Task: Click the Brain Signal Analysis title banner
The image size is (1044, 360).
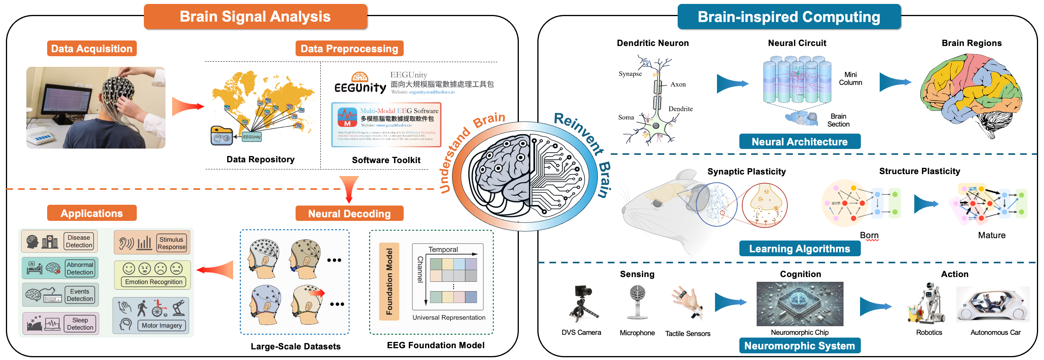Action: (255, 17)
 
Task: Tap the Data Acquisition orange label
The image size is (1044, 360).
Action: (92, 49)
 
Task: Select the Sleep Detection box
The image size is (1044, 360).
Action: (80, 323)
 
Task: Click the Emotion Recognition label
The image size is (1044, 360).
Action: (154, 282)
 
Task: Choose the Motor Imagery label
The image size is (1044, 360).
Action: (161, 325)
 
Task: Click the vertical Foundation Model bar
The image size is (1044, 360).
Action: (389, 281)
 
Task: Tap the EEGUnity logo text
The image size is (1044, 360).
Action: (360, 88)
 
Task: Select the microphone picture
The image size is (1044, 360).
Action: (637, 302)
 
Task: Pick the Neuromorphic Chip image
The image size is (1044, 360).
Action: (799, 304)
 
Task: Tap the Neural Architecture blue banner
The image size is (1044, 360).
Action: (799, 141)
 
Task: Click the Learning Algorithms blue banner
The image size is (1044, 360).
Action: (799, 248)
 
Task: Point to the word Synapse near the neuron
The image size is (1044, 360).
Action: (630, 74)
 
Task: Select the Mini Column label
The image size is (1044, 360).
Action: (850, 79)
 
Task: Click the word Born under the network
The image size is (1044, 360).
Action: (869, 235)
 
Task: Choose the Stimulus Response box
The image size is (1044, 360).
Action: (171, 243)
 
